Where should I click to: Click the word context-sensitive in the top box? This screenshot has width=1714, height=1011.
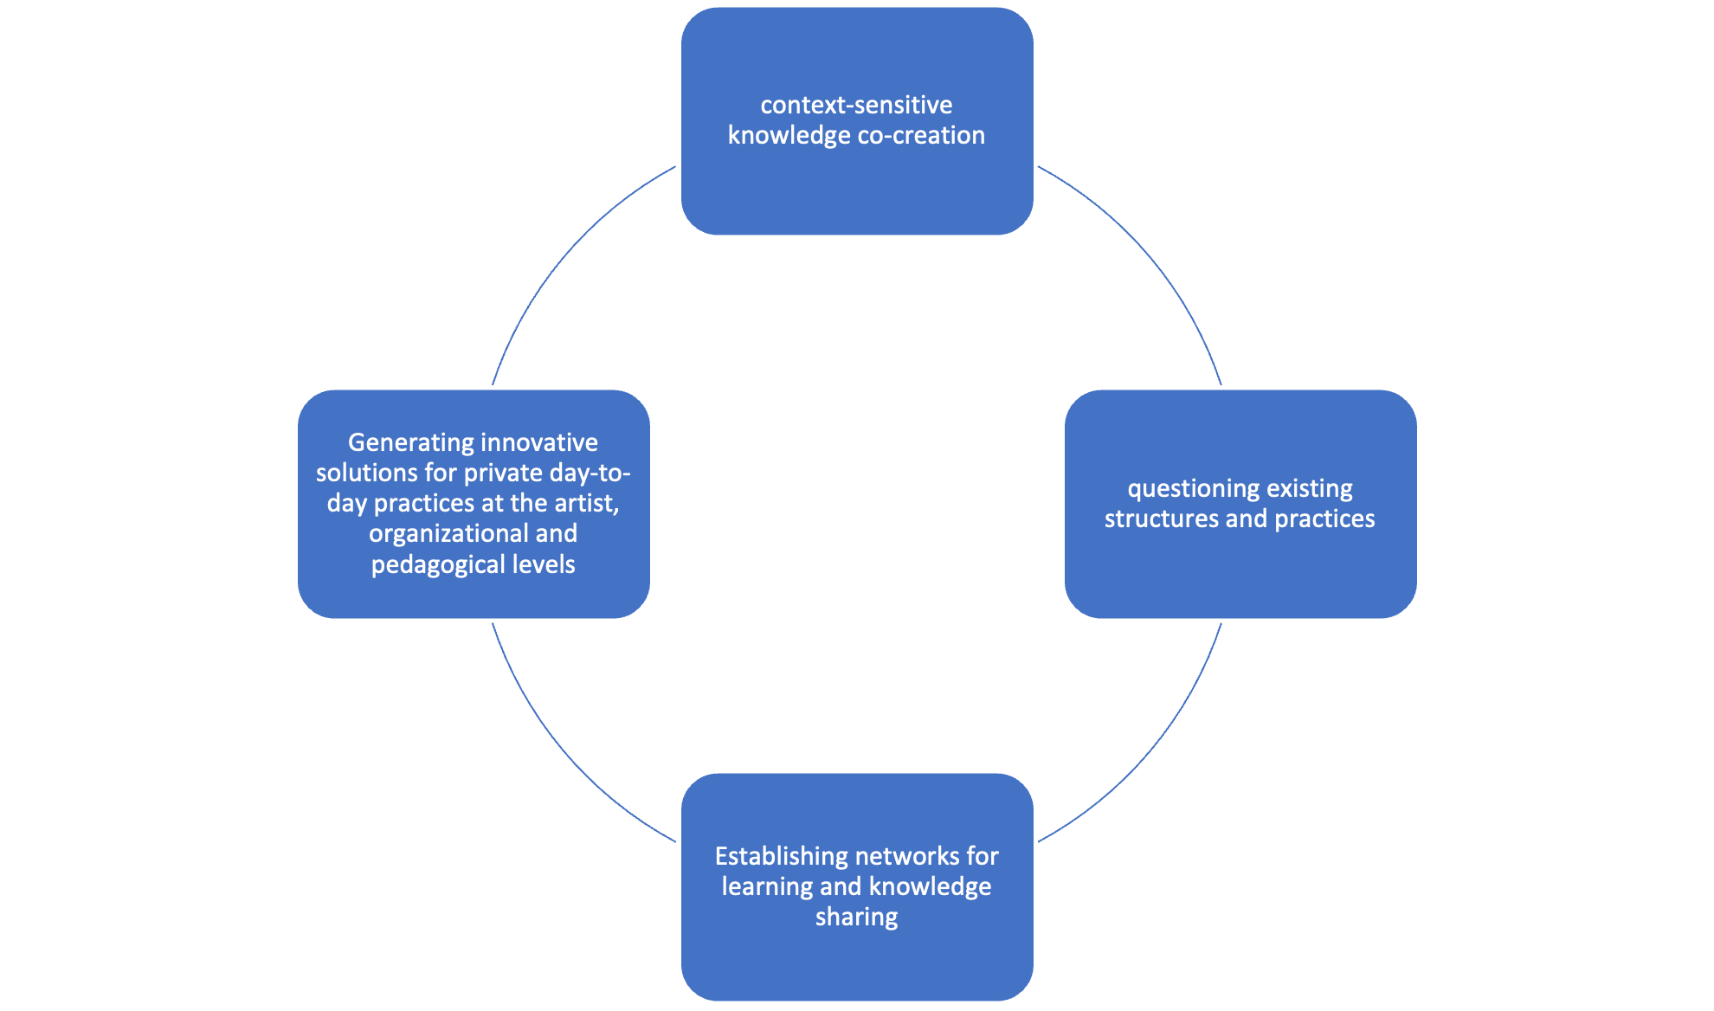click(x=856, y=106)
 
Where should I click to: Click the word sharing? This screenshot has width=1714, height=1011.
click(x=856, y=918)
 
